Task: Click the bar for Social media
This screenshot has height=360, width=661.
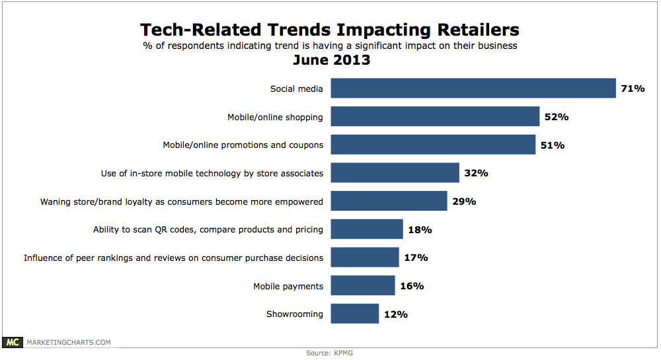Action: tap(473, 88)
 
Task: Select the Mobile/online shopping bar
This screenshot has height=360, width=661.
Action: tap(435, 116)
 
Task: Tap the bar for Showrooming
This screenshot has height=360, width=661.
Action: tap(354, 314)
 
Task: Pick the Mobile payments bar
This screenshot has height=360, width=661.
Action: tap(363, 285)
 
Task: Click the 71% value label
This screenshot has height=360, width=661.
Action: tap(633, 88)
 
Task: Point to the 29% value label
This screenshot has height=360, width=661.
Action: tap(464, 201)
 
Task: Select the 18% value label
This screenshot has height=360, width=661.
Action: tap(420, 229)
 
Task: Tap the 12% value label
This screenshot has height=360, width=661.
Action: tap(395, 314)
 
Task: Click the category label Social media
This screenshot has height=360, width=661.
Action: tap(297, 89)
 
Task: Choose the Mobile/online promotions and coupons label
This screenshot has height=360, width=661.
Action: tap(243, 145)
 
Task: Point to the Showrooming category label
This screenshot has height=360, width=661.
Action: tap(295, 314)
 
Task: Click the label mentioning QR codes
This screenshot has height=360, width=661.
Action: tap(208, 230)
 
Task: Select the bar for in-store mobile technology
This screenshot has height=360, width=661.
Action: tap(395, 173)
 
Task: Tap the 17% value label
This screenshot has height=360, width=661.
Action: tap(416, 258)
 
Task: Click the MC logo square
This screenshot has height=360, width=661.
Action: tap(13, 342)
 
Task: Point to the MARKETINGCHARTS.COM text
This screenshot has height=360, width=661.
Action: tap(68, 342)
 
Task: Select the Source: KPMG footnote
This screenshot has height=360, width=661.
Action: tap(330, 353)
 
